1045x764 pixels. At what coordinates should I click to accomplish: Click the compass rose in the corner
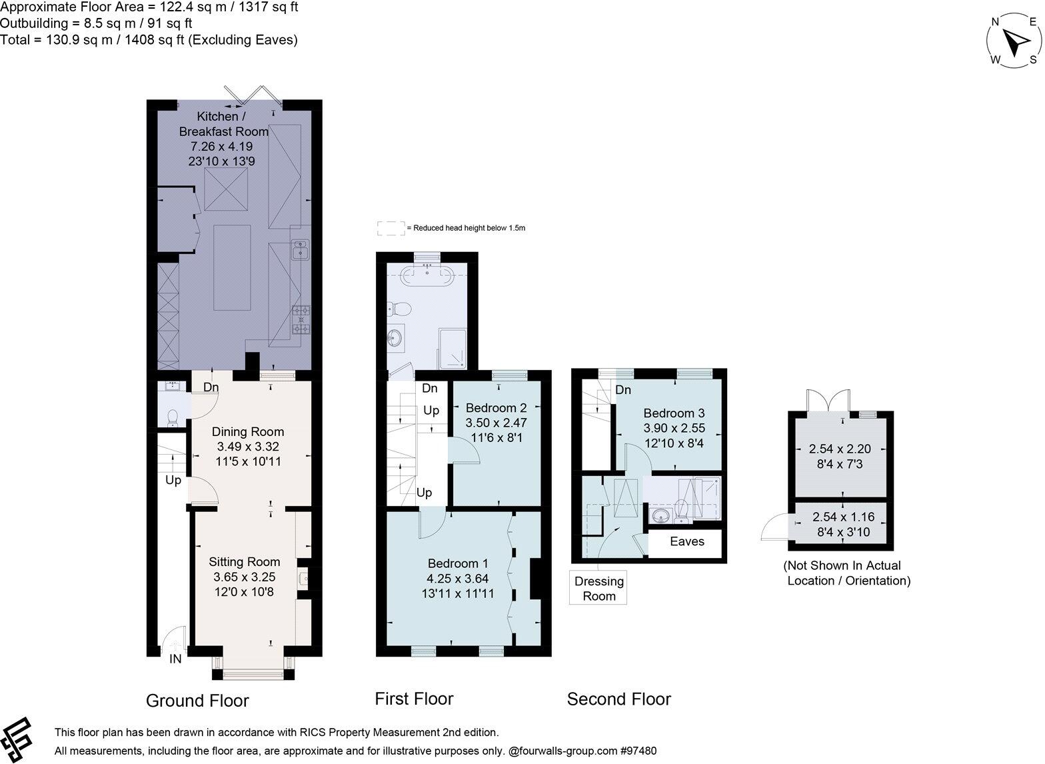click(x=1013, y=42)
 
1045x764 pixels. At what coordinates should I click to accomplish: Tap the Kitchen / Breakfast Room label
click(x=224, y=124)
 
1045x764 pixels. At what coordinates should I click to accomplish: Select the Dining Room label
click(x=248, y=432)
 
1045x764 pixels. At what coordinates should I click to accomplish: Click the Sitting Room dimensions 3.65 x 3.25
click(x=244, y=577)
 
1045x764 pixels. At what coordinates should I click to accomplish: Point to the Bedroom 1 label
click(x=458, y=563)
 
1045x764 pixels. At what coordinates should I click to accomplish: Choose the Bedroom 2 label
click(x=496, y=408)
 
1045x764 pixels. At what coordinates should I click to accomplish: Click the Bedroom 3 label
click(x=674, y=413)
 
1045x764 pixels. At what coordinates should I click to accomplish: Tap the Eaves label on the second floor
click(x=686, y=541)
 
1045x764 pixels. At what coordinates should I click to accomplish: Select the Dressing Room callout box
click(x=598, y=588)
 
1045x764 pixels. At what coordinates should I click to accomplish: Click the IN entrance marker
click(x=175, y=659)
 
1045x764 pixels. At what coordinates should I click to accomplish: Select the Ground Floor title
click(x=197, y=701)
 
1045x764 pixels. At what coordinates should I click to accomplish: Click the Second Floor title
click(x=618, y=699)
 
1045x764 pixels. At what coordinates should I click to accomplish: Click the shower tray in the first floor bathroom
click(x=455, y=349)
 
